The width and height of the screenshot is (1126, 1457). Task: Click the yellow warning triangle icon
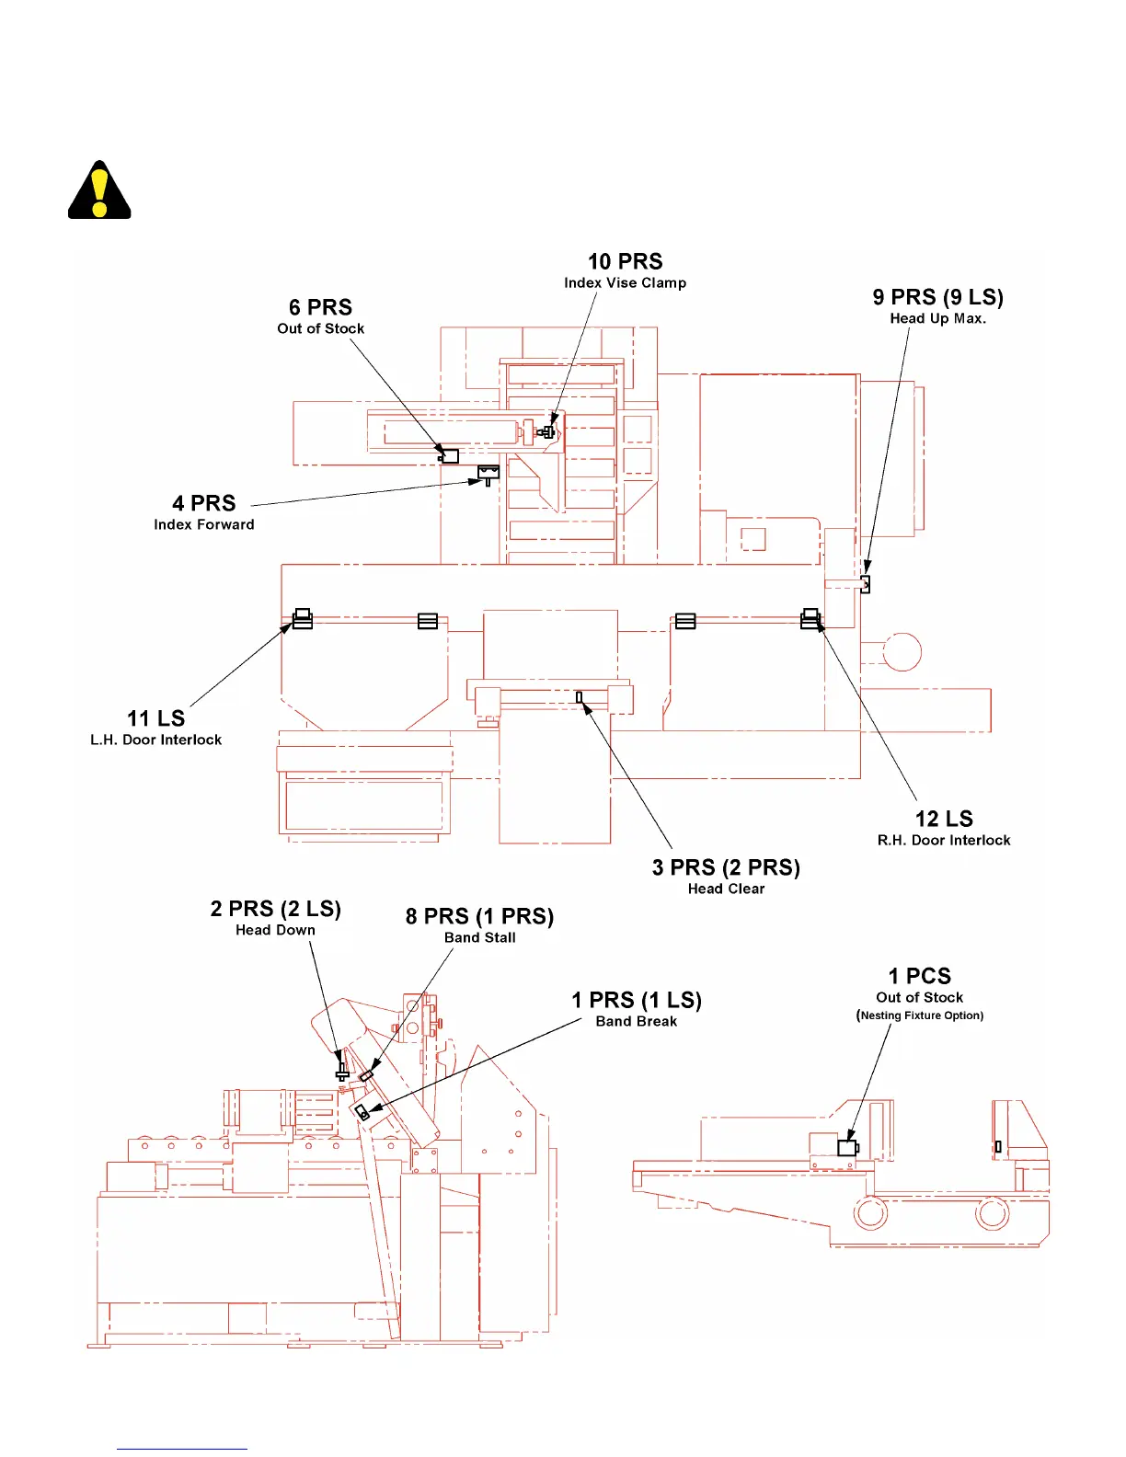tap(99, 191)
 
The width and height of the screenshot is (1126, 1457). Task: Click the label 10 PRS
tap(625, 262)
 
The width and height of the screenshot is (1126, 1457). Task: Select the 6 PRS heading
tap(320, 307)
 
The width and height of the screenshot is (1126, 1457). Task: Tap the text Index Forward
tap(203, 524)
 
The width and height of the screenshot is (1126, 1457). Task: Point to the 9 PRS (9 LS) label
tap(937, 297)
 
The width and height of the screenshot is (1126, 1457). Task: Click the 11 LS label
tap(155, 718)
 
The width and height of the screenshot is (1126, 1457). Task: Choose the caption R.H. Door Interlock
tap(944, 840)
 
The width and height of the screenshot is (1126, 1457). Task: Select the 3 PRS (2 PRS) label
tap(726, 867)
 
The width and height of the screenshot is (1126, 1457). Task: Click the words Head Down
tap(275, 930)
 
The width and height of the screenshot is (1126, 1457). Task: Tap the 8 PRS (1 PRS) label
tap(479, 916)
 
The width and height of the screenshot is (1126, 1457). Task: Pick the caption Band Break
tap(636, 1021)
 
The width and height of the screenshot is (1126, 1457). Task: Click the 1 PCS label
tap(919, 976)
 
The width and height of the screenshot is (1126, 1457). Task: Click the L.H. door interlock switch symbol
tap(303, 618)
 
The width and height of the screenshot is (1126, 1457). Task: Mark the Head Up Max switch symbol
tap(865, 584)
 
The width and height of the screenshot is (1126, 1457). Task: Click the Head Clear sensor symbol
tap(580, 697)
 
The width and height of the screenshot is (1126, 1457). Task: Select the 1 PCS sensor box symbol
tap(847, 1148)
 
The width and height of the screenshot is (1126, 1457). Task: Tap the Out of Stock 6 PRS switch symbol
tap(449, 455)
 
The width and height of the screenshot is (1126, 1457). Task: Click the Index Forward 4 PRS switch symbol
tap(488, 474)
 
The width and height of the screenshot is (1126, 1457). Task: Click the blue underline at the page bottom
tap(181, 1449)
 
